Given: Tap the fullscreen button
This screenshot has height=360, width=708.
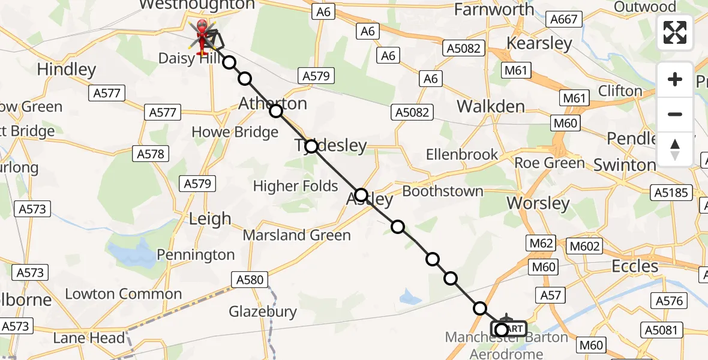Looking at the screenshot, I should [x=675, y=32].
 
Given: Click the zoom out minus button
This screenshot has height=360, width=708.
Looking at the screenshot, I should [x=675, y=114].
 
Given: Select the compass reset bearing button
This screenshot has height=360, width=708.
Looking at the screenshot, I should [x=675, y=149].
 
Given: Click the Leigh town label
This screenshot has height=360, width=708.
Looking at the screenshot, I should [x=209, y=219].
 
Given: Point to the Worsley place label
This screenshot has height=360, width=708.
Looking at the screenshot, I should [x=538, y=203].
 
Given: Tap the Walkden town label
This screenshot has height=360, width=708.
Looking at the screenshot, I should [x=490, y=106].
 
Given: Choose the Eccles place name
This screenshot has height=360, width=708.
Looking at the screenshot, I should [x=635, y=265].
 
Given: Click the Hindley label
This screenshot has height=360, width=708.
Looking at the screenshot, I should [x=66, y=70].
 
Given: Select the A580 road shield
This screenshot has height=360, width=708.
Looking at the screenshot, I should [x=250, y=279].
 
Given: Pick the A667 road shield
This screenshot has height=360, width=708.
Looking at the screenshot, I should [x=565, y=19].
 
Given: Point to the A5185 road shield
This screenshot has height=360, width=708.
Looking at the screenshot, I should [x=671, y=193].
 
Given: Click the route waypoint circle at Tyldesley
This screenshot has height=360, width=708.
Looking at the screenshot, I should [x=311, y=146].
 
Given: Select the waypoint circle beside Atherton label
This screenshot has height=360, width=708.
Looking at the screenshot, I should [x=275, y=111].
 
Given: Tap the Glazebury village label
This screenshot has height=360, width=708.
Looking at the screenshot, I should [x=263, y=311].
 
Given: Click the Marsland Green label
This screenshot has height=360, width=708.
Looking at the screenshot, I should [x=296, y=235].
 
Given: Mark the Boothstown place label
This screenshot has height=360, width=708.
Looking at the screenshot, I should [x=443, y=191].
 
